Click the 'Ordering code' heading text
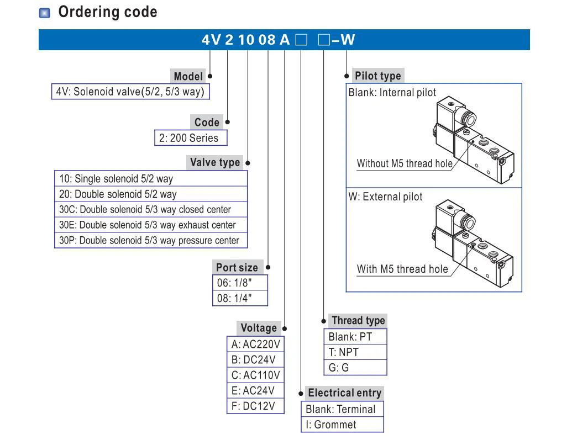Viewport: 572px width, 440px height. [x=107, y=12]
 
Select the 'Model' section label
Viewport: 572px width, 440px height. [x=188, y=77]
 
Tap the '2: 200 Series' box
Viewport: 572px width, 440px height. [x=190, y=138]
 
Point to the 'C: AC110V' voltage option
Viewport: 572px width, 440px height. [x=256, y=375]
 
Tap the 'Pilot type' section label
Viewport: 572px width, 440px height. [x=378, y=76]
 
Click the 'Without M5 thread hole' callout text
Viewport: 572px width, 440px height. [x=405, y=163]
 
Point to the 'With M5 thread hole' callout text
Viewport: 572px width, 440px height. [x=402, y=269]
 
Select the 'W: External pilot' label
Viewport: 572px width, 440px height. [x=385, y=197]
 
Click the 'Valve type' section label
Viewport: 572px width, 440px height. [x=215, y=162]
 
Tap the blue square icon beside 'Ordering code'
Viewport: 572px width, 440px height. [x=45, y=13]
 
